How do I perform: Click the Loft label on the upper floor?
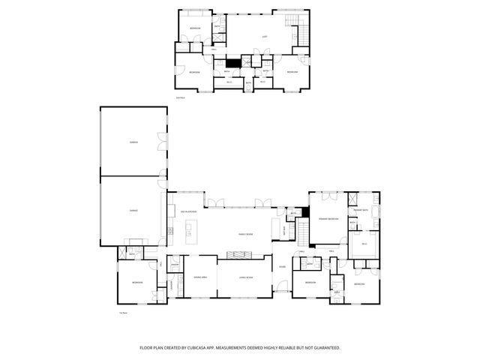tap(264, 36)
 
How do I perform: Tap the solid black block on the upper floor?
tap(232, 64)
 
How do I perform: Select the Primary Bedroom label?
tap(328, 219)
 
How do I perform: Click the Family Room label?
tap(245, 235)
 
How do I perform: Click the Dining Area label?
tap(200, 277)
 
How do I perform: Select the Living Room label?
tap(244, 277)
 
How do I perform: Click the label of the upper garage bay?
tap(133, 141)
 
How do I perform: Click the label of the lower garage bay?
tap(133, 211)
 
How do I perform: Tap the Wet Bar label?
tap(284, 231)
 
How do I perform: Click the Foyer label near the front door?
tap(282, 267)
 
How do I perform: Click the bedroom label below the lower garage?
tap(137, 283)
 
